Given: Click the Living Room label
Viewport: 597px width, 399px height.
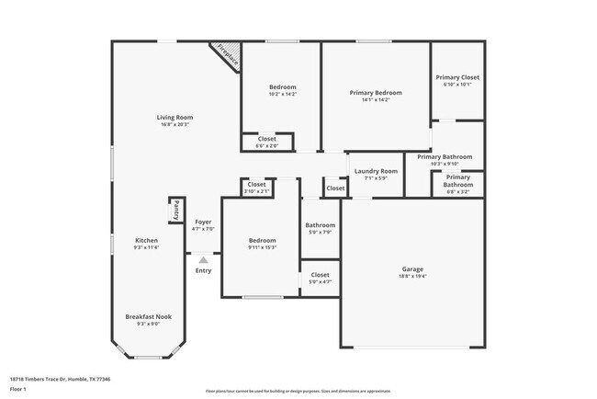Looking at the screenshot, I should coord(175,118).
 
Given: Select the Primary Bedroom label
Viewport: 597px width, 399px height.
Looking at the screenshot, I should coord(376,93).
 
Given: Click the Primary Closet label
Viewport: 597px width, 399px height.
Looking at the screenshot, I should coord(456,78).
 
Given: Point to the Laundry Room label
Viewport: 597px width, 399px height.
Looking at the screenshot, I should coord(376,171).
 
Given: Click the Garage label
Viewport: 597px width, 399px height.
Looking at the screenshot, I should coord(412,269).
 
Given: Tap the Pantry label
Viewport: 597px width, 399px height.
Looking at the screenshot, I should coord(175,210).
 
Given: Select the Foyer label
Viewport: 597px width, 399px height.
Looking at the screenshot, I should coord(203,222).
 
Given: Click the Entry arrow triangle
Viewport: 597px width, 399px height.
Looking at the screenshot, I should coord(203,260).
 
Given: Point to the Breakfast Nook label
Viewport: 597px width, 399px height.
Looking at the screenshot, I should coord(148,316).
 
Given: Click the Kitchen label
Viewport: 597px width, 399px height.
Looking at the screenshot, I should coord(147,241).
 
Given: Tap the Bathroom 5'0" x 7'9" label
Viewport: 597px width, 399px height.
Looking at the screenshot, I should coord(320,225).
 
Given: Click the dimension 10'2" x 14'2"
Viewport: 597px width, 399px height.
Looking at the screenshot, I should coord(282,94).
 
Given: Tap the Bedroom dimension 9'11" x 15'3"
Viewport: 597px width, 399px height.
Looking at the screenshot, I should coord(262,247).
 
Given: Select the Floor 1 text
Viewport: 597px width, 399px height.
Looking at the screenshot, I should coord(18,389).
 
